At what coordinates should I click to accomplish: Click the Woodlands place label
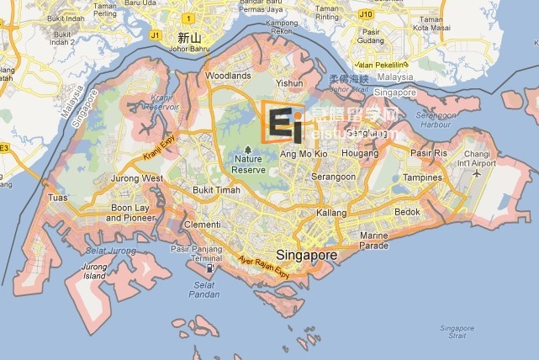(228, 76)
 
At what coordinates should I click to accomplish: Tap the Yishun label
(289, 83)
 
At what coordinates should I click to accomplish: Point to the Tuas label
(58, 198)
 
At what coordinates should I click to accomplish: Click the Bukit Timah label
(216, 190)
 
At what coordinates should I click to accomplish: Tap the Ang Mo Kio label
(304, 154)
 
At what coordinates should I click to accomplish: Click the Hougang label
(359, 154)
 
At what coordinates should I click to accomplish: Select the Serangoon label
(334, 177)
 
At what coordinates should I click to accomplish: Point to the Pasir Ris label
(428, 153)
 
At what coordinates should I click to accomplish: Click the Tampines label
(422, 177)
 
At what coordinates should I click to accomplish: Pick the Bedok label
(407, 212)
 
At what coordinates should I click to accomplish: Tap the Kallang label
(331, 213)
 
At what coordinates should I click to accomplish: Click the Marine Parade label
(373, 241)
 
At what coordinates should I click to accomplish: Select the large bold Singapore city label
(307, 255)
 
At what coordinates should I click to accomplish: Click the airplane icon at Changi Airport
(477, 173)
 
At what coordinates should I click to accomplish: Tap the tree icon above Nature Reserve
(247, 149)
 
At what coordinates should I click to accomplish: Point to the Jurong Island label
(94, 271)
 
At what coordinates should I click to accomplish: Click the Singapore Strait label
(457, 332)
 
